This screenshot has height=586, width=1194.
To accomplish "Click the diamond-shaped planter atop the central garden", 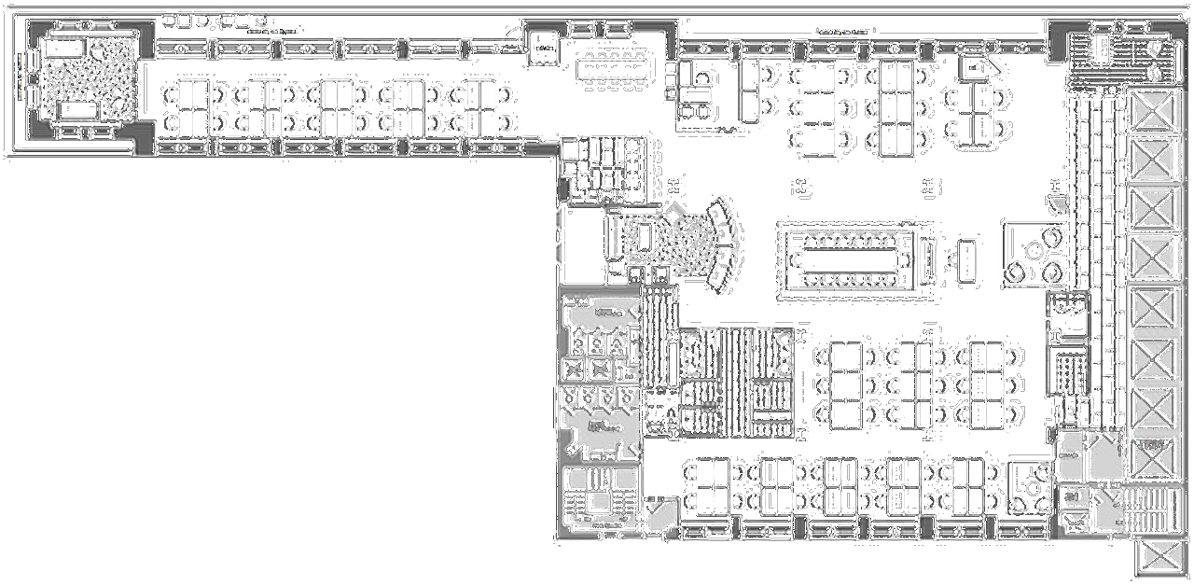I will (x=673, y=214).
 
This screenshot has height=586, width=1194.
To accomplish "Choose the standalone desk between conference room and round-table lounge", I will (x=965, y=258).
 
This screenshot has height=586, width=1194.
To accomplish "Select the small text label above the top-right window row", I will (x=847, y=31).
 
